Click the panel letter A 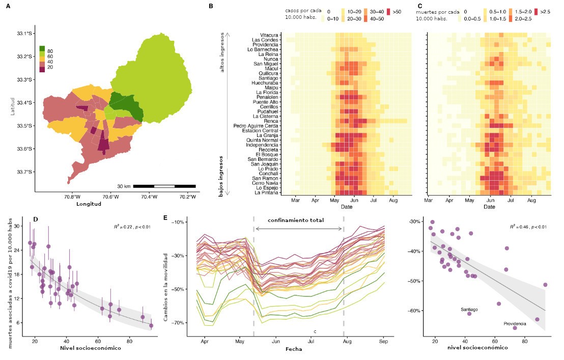(8, 6)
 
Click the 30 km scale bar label (124, 186)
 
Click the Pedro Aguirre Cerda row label (256, 126)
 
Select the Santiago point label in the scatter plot (469, 309)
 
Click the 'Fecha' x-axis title (294, 349)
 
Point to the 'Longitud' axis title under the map (89, 204)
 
